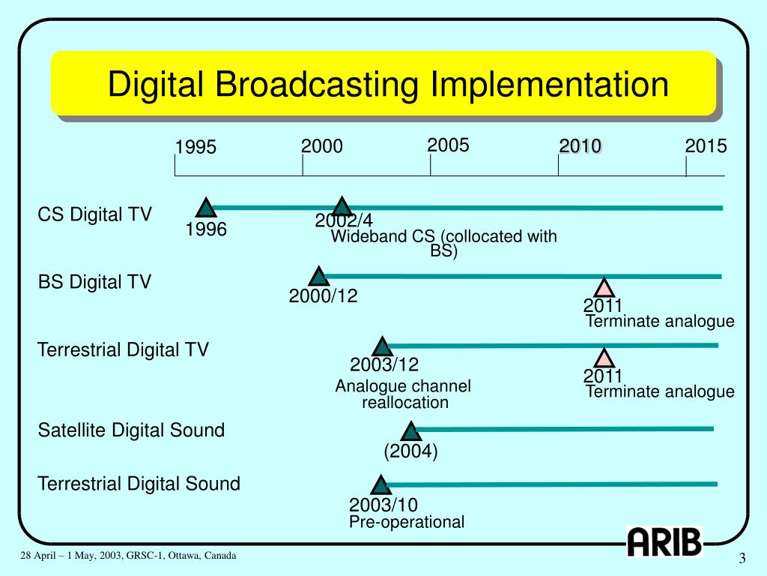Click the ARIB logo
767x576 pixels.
pyautogui.click(x=664, y=541)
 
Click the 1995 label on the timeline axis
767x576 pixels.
pyautogui.click(x=195, y=148)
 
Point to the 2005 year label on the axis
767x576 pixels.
pyautogui.click(x=448, y=145)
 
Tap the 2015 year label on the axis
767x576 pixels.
pyautogui.click(x=706, y=146)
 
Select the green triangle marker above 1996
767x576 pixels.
pyautogui.click(x=205, y=208)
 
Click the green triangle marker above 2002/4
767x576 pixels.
pyautogui.click(x=342, y=207)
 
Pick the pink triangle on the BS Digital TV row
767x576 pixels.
pyautogui.click(x=604, y=288)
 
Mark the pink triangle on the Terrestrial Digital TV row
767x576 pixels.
pyautogui.click(x=604, y=358)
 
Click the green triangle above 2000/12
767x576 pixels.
pyautogui.click(x=319, y=276)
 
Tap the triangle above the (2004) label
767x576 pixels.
pyautogui.click(x=410, y=431)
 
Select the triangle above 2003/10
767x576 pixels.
pyautogui.click(x=381, y=485)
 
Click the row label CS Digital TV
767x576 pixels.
pyautogui.click(x=94, y=215)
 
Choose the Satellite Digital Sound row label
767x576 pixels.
pyautogui.click(x=131, y=430)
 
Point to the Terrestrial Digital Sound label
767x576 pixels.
pyautogui.click(x=139, y=484)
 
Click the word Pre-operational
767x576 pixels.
pyautogui.click(x=407, y=522)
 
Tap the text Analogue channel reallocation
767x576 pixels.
pyautogui.click(x=404, y=394)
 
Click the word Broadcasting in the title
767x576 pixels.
pyautogui.click(x=315, y=84)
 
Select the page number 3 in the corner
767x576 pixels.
pyautogui.click(x=742, y=559)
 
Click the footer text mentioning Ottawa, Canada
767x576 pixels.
pyautogui.click(x=128, y=556)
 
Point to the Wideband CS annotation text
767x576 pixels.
pyautogui.click(x=443, y=243)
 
